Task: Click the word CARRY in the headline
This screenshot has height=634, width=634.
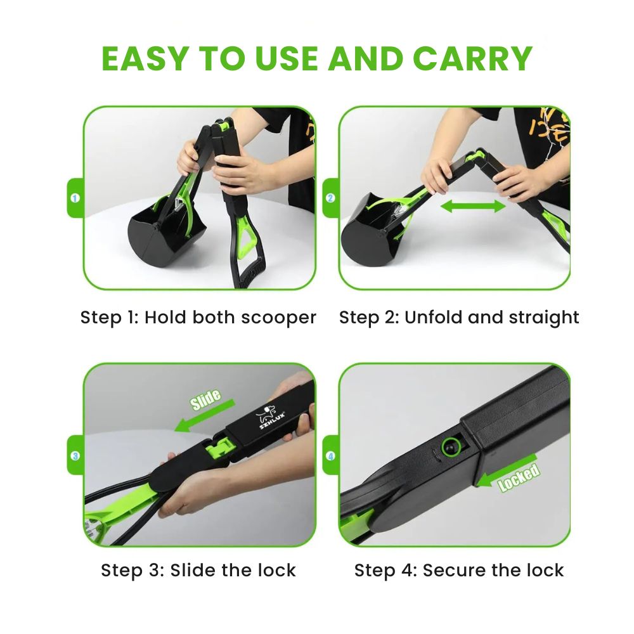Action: pyautogui.click(x=473, y=58)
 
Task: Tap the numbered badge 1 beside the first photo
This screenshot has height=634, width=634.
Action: pyautogui.click(x=75, y=198)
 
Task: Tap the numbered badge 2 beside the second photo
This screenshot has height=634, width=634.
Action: pyautogui.click(x=330, y=198)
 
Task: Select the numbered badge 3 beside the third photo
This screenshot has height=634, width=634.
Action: pyautogui.click(x=75, y=456)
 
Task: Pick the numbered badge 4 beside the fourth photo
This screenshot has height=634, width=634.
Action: pyautogui.click(x=330, y=456)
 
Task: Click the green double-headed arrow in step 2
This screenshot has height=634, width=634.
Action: pyautogui.click(x=473, y=206)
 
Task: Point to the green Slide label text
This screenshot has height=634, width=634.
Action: pyautogui.click(x=205, y=399)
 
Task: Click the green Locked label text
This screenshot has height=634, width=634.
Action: pyautogui.click(x=519, y=477)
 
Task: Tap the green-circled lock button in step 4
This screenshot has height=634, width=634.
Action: pyautogui.click(x=451, y=447)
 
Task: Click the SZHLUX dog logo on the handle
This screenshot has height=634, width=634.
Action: pyautogui.click(x=269, y=417)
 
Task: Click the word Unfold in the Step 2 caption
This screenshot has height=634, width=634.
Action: pyautogui.click(x=434, y=317)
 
